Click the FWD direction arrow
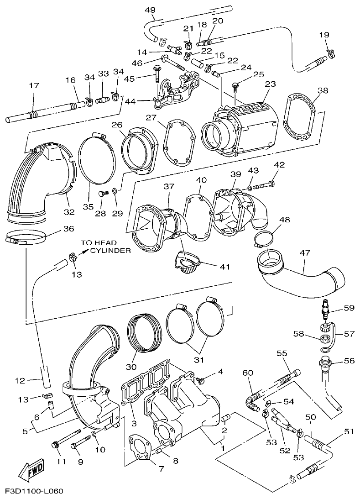28,471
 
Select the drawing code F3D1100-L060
34,492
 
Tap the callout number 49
150,10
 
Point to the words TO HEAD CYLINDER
105,247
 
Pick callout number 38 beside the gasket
323,90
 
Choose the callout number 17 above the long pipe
34,85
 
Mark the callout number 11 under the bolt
60,461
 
